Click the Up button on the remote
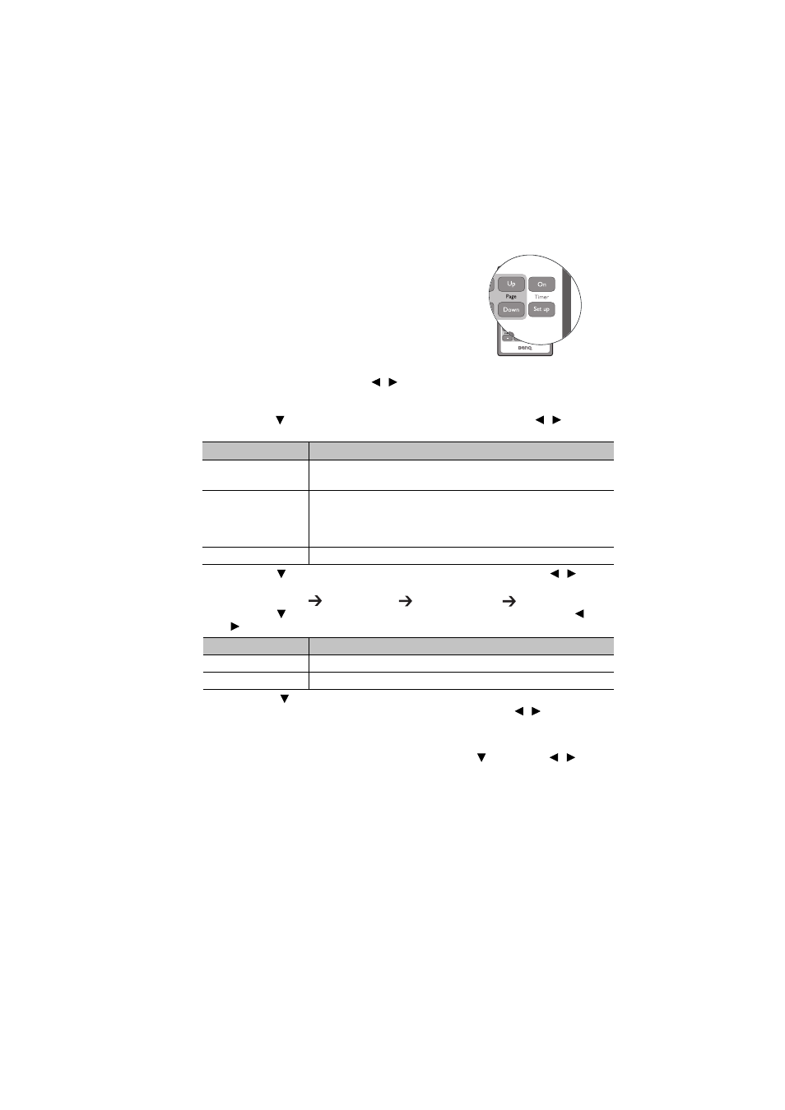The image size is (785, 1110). [511, 284]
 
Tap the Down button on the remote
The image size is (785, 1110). [511, 310]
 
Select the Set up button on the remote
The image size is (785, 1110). [541, 309]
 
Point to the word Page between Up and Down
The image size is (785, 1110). [511, 296]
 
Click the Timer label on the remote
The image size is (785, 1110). [541, 297]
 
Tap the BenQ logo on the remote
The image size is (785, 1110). [525, 348]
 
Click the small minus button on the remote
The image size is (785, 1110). [508, 338]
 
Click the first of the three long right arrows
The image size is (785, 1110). [315, 601]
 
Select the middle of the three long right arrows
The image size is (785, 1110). [405, 601]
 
